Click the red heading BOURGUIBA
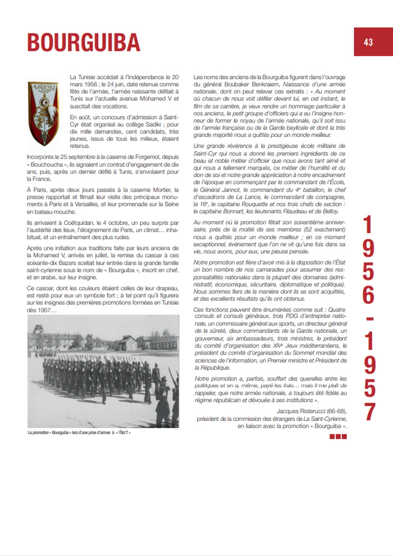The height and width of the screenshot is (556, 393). (x=84, y=42)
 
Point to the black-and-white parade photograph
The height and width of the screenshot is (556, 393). (x=103, y=371)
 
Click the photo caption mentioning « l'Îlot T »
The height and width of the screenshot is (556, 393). (x=79, y=432)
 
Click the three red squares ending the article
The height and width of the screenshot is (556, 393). (x=338, y=436)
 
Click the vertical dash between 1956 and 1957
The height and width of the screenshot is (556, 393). (x=368, y=318)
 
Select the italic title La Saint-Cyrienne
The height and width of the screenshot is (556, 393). (x=325, y=419)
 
